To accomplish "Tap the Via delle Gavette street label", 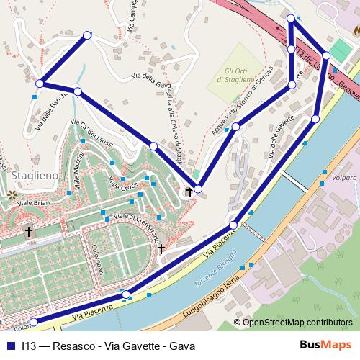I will (282, 135).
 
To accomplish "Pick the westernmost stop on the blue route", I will (40, 84).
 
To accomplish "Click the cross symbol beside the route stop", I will (189, 192).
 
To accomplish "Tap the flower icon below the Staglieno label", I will (11, 194).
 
